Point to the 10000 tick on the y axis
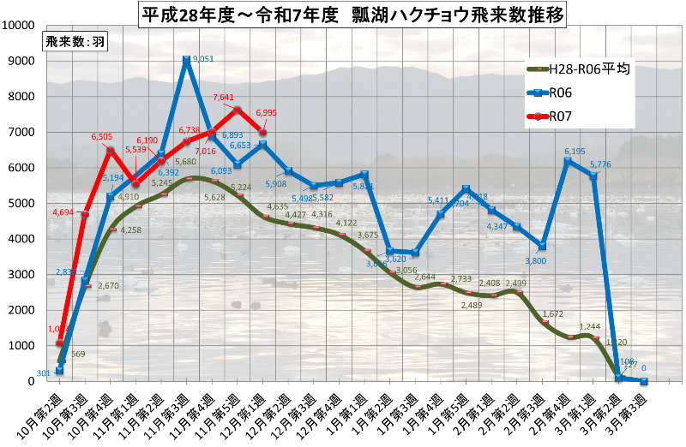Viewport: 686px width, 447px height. pyautogui.click(x=18, y=25)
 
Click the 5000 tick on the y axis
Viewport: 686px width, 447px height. pyautogui.click(x=21, y=204)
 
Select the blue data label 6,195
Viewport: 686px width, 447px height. pyautogui.click(x=575, y=152)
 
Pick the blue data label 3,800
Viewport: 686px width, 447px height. pyautogui.click(x=534, y=260)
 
